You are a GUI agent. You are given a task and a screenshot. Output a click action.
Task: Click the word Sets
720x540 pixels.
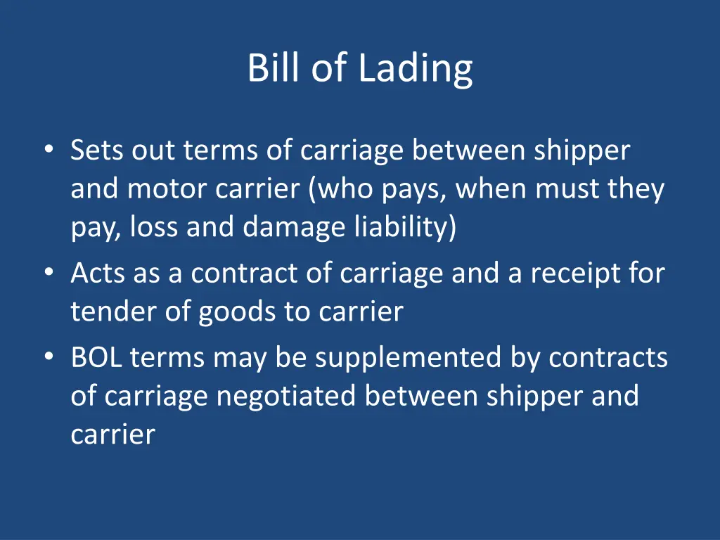pyautogui.click(x=96, y=150)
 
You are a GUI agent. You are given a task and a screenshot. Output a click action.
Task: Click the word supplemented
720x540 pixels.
pyautogui.click(x=409, y=359)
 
